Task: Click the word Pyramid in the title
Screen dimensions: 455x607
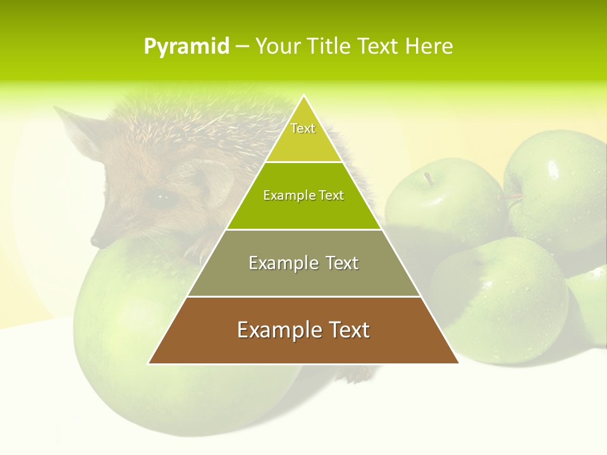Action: coord(187,47)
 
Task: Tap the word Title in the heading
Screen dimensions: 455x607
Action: coord(329,47)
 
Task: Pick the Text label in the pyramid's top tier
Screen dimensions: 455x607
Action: coord(303,128)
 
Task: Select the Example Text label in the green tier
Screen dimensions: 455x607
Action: coord(303,195)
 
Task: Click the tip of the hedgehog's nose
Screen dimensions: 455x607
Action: coord(95,241)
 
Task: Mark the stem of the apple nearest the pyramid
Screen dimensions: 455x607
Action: coord(429,179)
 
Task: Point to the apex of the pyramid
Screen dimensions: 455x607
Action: coord(303,95)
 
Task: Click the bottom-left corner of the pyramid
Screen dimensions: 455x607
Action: coord(149,363)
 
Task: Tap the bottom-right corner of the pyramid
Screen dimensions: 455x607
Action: coord(458,363)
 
